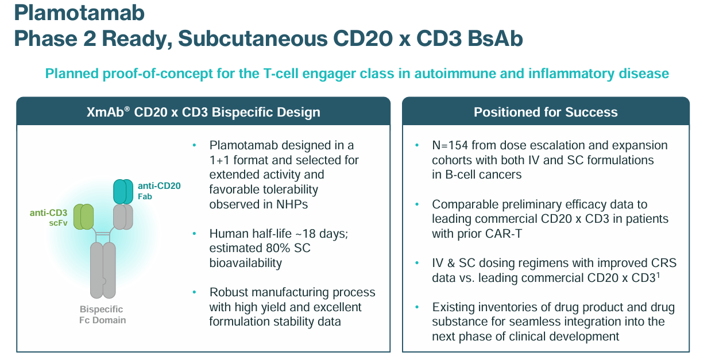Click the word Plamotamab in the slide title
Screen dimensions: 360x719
click(79, 13)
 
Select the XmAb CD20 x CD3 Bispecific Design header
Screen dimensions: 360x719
click(203, 112)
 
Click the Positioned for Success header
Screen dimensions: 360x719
click(546, 112)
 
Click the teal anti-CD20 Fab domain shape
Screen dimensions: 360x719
click(123, 192)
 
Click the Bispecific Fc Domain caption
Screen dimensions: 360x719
click(102, 315)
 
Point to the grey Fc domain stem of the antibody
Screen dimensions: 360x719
click(103, 270)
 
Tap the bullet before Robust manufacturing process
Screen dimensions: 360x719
click(194, 293)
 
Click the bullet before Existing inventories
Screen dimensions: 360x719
click(417, 307)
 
